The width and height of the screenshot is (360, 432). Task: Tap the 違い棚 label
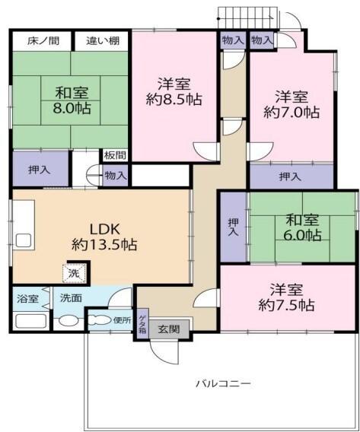click(x=101, y=40)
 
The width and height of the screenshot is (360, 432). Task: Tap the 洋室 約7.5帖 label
click(x=286, y=297)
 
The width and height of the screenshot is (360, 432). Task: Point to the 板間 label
click(x=115, y=156)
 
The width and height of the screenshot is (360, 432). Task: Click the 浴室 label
click(x=27, y=298)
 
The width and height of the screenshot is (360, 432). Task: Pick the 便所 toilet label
click(x=122, y=319)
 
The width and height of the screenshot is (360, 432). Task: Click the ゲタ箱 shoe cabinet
click(x=142, y=323)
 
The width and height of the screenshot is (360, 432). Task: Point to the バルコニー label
click(x=222, y=383)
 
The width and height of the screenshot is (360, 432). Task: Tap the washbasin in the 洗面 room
click(x=69, y=321)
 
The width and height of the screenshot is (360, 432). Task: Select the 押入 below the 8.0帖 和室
click(x=40, y=169)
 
